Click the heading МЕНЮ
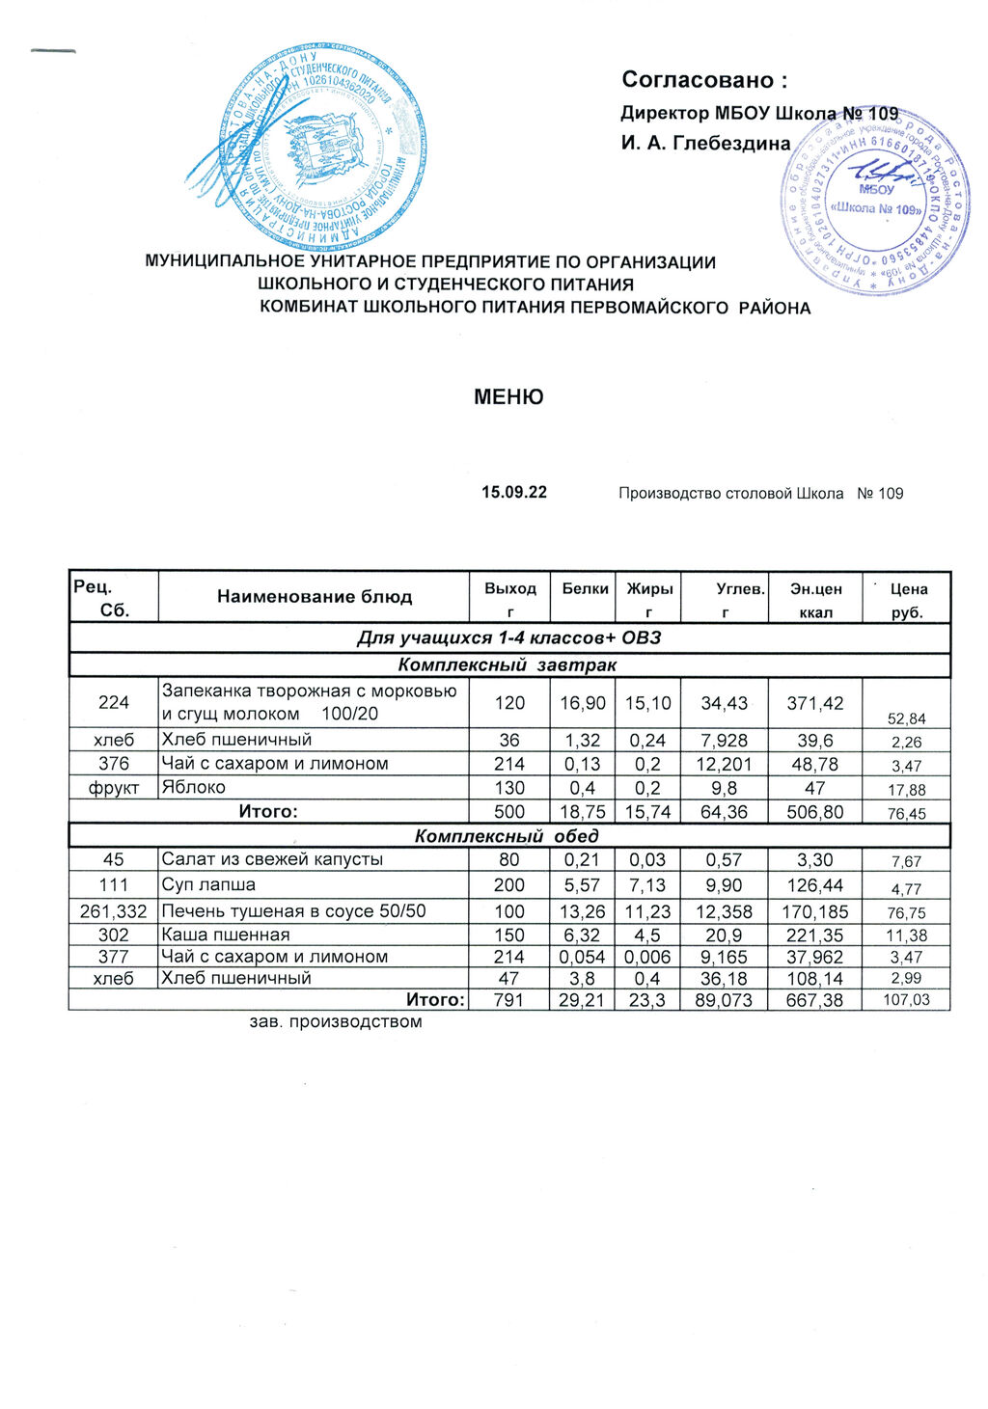coord(508,397)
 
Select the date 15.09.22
coord(514,493)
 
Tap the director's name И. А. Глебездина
coord(705,144)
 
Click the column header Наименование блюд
coord(314,597)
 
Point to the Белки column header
coord(585,588)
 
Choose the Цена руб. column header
coord(908,600)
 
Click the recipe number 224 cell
coord(114,703)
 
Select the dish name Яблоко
coord(194,787)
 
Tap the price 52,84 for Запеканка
coord(907,718)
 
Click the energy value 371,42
coord(815,704)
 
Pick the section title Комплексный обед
coord(507,836)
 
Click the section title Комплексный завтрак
coord(507,665)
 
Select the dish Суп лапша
coord(208,885)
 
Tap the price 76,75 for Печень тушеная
coord(907,913)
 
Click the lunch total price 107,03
coord(907,1000)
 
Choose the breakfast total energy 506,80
coord(815,812)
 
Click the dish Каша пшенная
coord(226,935)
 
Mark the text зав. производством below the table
coord(336,1022)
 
